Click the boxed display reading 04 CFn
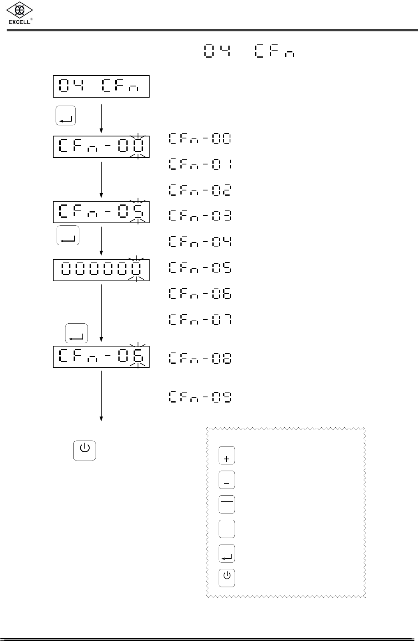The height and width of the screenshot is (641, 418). pos(101,86)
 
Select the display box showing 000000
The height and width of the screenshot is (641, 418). pos(101,270)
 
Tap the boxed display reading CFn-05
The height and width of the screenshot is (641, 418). pos(101,212)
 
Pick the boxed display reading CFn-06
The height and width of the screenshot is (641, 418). pos(101,357)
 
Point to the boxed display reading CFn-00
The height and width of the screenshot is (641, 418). pos(101,147)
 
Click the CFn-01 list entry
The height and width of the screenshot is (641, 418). pos(200,164)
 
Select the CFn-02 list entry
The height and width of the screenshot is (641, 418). pos(200,190)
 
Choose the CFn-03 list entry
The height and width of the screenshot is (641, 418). pos(200,216)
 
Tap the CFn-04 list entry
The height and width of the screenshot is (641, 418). pos(200,242)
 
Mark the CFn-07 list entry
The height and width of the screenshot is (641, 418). pos(200,320)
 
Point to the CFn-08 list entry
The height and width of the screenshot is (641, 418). pos(200,358)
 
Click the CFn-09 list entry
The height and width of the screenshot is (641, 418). pos(200,397)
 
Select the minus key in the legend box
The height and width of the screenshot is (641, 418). pos(227,480)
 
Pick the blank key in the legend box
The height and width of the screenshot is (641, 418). pos(227,529)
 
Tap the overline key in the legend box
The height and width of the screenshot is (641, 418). pos(227,505)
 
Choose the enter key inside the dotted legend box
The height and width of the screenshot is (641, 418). pos(227,554)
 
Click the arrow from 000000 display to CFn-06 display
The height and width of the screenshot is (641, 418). pos(102,312)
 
